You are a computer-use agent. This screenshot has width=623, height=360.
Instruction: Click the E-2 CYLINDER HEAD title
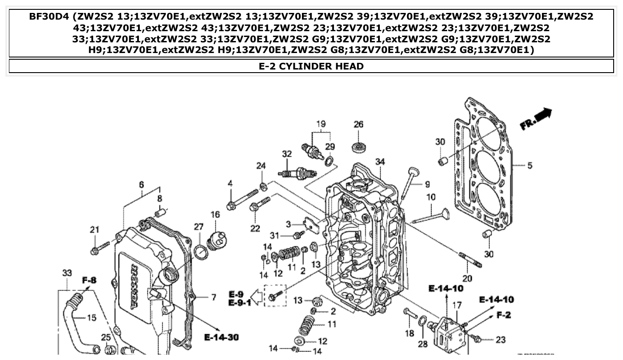[x=311, y=66]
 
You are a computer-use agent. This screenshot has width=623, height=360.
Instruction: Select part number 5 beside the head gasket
[x=529, y=166]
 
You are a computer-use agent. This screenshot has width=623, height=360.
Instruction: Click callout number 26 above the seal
[x=359, y=124]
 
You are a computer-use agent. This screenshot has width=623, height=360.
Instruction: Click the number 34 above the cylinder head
[x=380, y=162]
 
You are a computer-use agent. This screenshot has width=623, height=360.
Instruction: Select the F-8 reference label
[x=89, y=280]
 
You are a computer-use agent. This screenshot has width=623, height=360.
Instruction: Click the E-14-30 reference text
[x=221, y=337]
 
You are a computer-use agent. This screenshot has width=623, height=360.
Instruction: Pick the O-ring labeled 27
[x=201, y=253]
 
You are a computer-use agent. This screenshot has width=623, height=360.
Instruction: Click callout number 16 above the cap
[x=215, y=215]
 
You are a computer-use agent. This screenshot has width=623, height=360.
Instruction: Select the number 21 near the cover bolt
[x=94, y=230]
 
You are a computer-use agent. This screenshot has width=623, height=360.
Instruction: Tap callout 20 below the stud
[x=467, y=278]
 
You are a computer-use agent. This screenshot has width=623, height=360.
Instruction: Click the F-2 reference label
[x=503, y=315]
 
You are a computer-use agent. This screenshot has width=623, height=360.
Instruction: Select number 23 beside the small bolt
[x=501, y=340]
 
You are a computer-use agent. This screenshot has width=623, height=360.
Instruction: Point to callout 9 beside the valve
[x=427, y=184]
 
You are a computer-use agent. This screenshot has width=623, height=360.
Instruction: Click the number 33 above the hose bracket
[x=67, y=272]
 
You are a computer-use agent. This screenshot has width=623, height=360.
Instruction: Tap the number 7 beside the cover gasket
[x=213, y=297]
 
